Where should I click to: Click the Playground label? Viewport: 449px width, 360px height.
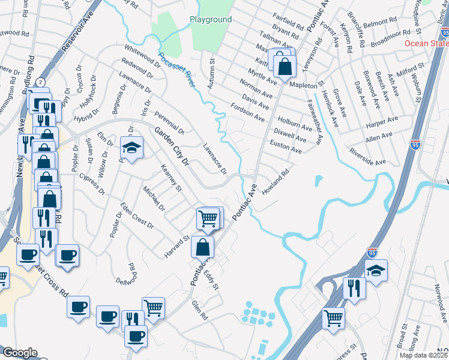(x=211, y=20)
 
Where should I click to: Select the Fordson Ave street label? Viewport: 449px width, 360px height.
(x=247, y=112)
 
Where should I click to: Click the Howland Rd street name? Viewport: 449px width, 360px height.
(x=276, y=180)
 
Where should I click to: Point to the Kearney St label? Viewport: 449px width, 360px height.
(x=170, y=178)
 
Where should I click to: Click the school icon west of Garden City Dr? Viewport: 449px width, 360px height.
(x=132, y=147)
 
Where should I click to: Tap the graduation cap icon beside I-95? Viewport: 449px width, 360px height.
(x=376, y=271)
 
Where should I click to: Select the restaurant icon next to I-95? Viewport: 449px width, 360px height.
(x=354, y=288)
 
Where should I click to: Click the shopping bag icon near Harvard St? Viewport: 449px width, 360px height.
(x=204, y=246)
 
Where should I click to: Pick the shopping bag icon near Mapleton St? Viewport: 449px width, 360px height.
(x=285, y=67)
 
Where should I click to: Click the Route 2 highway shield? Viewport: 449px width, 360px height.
(x=40, y=81)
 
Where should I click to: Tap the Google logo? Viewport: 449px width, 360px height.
(x=20, y=353)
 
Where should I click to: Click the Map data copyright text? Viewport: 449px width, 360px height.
(x=424, y=355)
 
